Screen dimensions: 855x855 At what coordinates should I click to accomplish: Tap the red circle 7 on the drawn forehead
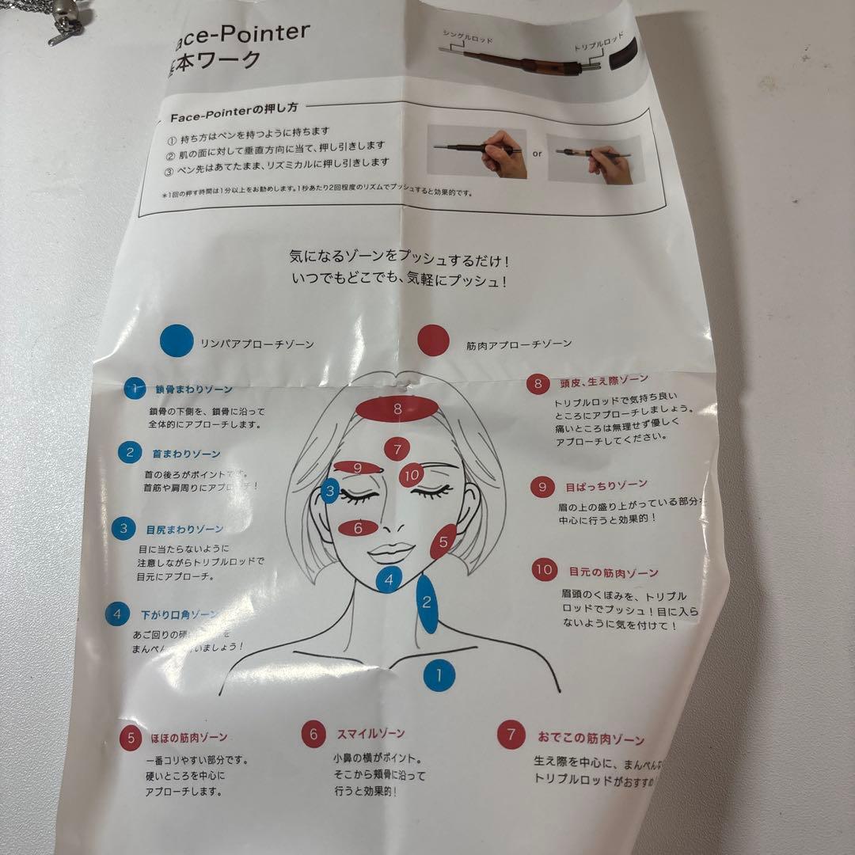[x=397, y=449]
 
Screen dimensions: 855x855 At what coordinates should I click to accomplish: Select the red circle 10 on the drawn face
[x=411, y=475]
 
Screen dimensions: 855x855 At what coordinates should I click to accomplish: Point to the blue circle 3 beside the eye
[x=331, y=491]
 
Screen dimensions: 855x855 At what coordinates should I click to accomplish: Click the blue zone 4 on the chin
[x=388, y=579]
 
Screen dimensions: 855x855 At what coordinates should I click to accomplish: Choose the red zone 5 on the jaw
[x=443, y=542]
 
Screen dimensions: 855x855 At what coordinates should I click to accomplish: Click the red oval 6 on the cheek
[x=358, y=527]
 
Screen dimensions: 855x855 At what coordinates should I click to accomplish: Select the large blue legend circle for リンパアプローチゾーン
[x=177, y=341]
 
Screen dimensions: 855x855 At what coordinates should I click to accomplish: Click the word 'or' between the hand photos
[x=537, y=154]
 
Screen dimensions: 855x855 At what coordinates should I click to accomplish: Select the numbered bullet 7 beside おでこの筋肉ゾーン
[x=511, y=735]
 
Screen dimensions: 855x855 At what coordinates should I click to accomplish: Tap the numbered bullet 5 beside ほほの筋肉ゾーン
[x=131, y=738]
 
